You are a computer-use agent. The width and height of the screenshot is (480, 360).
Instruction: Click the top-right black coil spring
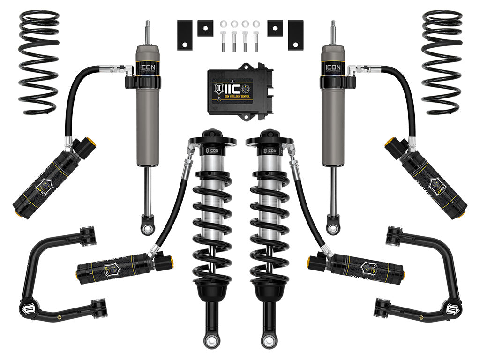[x=442, y=61]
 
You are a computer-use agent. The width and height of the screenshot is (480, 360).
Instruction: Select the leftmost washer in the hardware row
[x=223, y=23]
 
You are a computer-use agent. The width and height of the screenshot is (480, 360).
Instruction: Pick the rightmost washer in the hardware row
[x=256, y=23]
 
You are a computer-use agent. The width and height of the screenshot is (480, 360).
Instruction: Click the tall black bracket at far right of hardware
[x=295, y=35]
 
